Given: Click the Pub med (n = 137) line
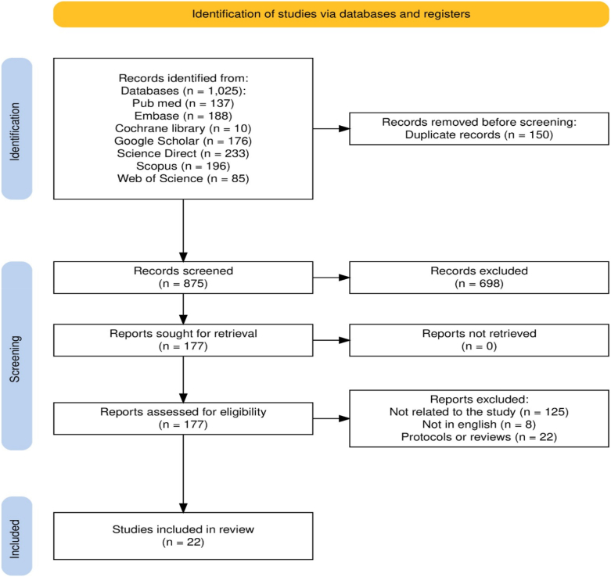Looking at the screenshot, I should pos(182,104).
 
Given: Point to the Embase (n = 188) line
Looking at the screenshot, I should pos(182,116).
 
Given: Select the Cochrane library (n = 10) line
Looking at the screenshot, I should pos(182,129).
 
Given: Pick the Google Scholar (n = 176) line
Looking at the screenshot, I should pos(182,142).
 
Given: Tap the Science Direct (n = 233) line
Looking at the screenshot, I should pos(182,154).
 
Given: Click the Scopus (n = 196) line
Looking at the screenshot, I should pos(182,167).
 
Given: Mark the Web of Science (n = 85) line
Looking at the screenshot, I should pos(182,179).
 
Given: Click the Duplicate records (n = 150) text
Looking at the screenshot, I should pos(478,135).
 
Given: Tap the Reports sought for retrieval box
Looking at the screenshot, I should pos(182,339).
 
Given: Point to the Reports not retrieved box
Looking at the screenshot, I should pos(478,339).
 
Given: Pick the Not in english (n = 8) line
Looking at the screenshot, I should pos(478,424).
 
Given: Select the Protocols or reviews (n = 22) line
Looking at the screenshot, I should pos(478,436).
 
